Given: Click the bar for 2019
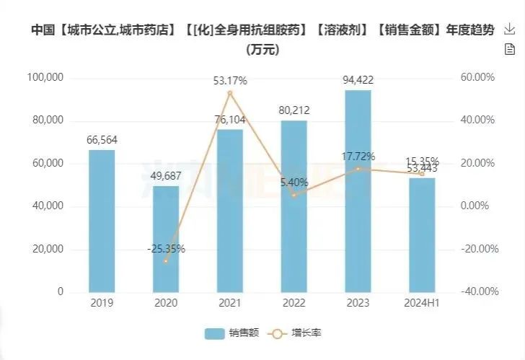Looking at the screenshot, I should pyautogui.click(x=102, y=221).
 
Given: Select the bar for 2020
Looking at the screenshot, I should pyautogui.click(x=166, y=239).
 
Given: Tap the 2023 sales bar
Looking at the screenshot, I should pyautogui.click(x=358, y=191).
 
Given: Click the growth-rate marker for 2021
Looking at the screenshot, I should pyautogui.click(x=230, y=93).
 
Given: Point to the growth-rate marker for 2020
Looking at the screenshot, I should pyautogui.click(x=166, y=260).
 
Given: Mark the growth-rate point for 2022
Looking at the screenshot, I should pyautogui.click(x=294, y=195).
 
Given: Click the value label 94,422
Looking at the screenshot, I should pyautogui.click(x=358, y=80).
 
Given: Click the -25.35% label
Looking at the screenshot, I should pyautogui.click(x=166, y=249).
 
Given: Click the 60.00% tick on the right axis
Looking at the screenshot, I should pyautogui.click(x=478, y=77).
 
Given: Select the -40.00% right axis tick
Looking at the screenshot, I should pyautogui.click(x=478, y=292).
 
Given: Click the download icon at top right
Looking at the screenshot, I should pyautogui.click(x=510, y=30).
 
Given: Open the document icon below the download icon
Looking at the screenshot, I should pyautogui.click(x=510, y=49).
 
